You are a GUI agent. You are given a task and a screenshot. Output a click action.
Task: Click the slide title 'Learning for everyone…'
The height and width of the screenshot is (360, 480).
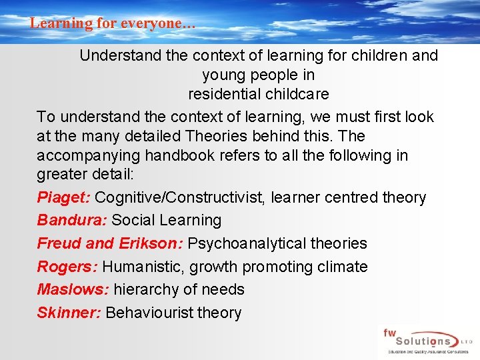113,23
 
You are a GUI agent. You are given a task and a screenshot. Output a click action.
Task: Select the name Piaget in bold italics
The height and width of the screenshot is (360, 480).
64,198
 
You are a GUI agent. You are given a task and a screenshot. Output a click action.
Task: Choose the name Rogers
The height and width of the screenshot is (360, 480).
67,267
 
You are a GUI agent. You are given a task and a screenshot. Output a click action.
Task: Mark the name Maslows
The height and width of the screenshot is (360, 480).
73,289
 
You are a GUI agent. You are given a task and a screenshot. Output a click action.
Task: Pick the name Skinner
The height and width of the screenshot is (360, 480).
69,313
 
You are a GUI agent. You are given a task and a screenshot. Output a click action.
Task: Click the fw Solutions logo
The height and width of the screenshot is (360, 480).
427,341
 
